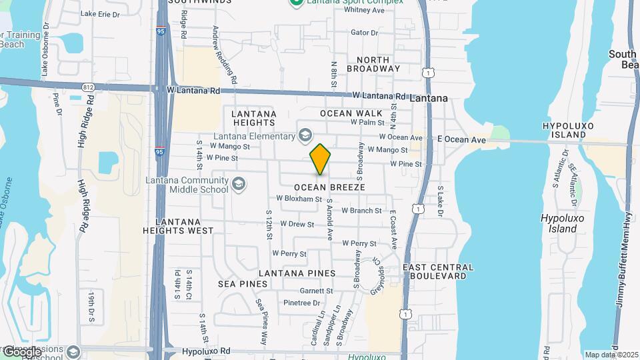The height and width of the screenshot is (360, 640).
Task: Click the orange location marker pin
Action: point(321,159)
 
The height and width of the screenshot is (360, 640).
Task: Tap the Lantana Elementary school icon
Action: point(305,136)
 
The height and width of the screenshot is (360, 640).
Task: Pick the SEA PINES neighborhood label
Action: point(243,284)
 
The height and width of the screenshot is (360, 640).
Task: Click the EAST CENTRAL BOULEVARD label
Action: point(439,271)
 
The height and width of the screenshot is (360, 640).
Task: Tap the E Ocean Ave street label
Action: point(461,140)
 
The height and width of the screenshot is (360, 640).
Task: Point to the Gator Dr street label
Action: point(364,33)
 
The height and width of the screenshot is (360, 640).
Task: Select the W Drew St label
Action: point(297,224)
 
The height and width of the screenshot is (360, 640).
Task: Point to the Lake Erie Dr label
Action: point(100,13)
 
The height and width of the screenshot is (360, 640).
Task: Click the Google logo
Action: point(23,352)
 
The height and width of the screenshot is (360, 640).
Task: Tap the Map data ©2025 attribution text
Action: point(610,355)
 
